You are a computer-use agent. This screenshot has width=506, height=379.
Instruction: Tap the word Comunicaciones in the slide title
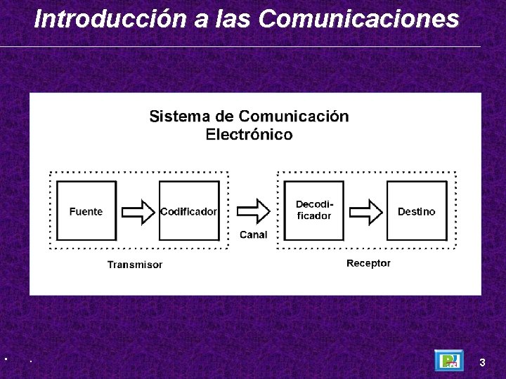coord(358,19)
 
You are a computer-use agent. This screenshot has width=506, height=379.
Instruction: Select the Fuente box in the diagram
coord(86,211)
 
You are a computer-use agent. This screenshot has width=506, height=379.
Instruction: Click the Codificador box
coord(189,211)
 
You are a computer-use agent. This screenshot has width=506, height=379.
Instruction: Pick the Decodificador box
coord(313,211)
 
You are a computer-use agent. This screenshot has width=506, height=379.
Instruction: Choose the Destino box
coord(417,211)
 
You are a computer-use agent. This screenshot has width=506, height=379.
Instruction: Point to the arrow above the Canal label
coord(253,211)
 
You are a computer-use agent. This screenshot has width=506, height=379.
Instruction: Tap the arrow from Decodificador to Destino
coord(365,211)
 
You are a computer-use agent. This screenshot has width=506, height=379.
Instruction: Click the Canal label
coord(253,234)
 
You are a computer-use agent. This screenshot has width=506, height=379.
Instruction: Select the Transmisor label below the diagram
coord(135,265)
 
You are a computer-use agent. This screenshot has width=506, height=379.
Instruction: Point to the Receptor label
coord(368,263)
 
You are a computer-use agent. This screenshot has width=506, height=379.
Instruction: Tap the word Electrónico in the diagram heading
coord(249,134)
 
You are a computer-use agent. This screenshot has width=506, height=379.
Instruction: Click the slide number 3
coord(482,362)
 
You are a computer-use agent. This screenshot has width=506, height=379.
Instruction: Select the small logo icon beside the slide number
coord(448,361)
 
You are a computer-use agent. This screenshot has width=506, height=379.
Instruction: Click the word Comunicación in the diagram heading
coord(293,117)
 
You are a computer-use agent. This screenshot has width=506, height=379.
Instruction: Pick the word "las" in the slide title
coord(231,19)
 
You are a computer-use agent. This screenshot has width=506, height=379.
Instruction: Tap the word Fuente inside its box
coord(86,211)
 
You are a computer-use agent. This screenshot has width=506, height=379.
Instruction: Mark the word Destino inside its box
coord(417,211)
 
